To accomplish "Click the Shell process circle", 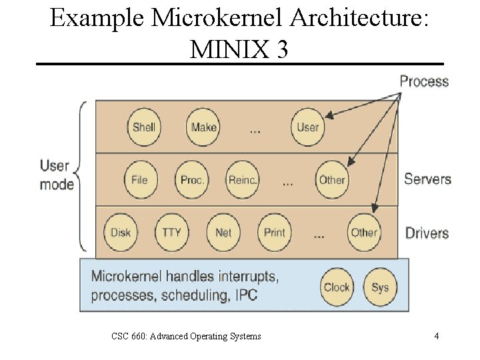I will coord(143,127).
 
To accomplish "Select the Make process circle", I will coord(203,127).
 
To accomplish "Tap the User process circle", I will coord(307,127).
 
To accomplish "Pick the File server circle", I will coord(139,179).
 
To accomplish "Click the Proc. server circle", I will coord(192,179).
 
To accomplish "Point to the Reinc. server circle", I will coord(243,179).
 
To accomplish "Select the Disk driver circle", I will coord(120,232).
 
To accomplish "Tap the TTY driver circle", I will coord(171,232).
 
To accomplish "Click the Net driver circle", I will coord(223,232).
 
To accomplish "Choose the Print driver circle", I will coord(274,232).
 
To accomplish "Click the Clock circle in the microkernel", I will coord(337,287).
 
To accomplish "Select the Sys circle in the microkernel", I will coord(379,287).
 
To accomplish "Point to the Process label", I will coord(424,81).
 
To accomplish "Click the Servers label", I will coord(427,179).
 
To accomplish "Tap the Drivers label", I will coord(427,233).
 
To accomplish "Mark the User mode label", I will coord(57,175).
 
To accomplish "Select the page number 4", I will coord(436,336).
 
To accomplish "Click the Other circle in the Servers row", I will coord(331,179).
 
